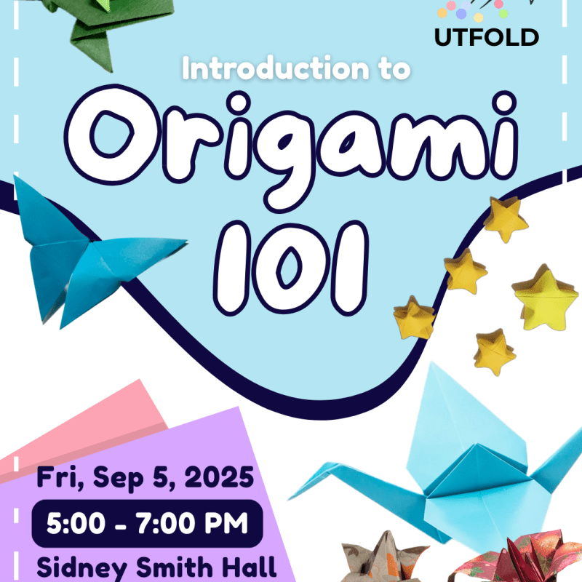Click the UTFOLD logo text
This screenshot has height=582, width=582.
click(487, 36)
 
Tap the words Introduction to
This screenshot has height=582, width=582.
click(297, 70)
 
